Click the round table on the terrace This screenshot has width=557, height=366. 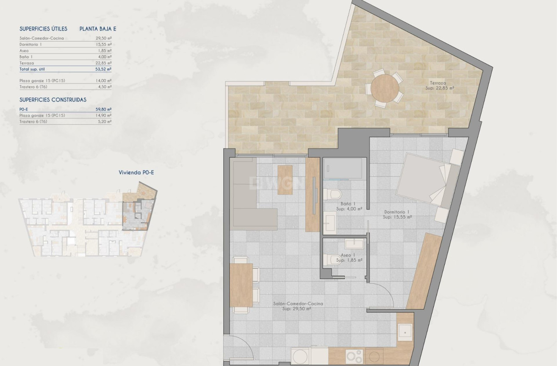point(385,88)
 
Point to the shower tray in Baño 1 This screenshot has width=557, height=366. point(343,168)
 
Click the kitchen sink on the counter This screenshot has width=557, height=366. point(405,332)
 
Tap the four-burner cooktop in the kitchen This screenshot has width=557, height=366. point(354,357)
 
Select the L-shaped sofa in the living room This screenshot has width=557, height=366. point(253,194)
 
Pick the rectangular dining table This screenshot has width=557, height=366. point(241,285)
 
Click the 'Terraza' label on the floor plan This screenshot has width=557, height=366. point(438,83)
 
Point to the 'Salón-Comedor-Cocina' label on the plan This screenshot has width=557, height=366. point(298,304)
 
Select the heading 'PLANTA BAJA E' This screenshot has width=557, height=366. point(98,29)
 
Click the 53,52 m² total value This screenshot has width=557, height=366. point(103,69)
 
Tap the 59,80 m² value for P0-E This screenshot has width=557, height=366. point(103,109)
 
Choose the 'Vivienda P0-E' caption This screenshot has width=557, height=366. point(136,173)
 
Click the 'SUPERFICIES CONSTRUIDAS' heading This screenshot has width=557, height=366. point(53,100)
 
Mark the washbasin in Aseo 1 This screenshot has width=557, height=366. point(354,244)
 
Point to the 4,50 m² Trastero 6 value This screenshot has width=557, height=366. point(103,87)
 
